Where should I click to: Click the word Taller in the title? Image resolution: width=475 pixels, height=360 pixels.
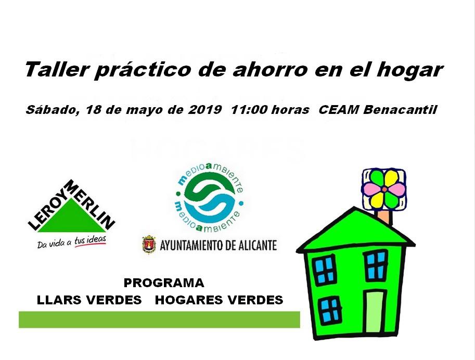(x=57, y=69)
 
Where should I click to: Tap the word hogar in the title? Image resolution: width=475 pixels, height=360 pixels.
(x=410, y=71)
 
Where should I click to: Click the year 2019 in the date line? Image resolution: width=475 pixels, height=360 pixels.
(x=205, y=109)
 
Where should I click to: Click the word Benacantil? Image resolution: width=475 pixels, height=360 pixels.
(x=400, y=109)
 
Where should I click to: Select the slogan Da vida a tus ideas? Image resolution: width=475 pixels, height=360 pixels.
(x=72, y=241)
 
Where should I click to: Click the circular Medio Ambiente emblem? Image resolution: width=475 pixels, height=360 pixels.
(x=209, y=197)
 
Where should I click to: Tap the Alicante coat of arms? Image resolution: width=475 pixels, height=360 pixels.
(x=149, y=245)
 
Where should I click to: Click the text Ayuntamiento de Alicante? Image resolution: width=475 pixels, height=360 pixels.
(x=218, y=245)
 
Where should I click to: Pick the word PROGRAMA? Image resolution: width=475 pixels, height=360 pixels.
(x=164, y=283)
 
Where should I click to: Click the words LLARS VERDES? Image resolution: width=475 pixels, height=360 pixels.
(x=89, y=300)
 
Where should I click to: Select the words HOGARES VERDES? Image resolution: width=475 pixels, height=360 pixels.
(x=219, y=300)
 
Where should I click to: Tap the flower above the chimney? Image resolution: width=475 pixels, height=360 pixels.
(x=384, y=189)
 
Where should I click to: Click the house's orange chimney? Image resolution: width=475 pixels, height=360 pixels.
(x=384, y=216)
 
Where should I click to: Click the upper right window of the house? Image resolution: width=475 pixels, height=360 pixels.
(x=376, y=266)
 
